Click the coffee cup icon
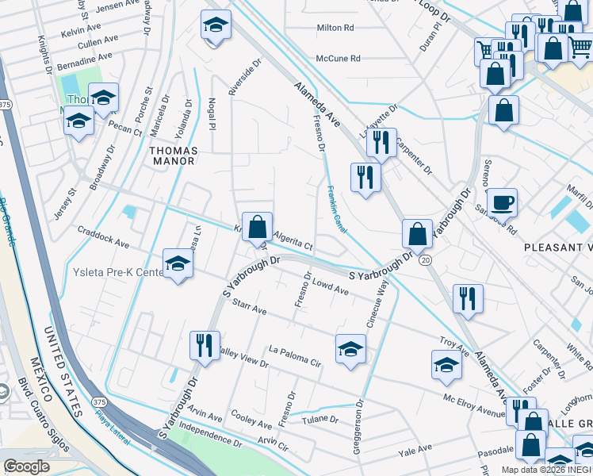[x=502, y=202]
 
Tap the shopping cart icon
[x=485, y=51]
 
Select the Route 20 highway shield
[x=426, y=259]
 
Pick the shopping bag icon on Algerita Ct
[x=257, y=227]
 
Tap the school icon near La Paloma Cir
[x=350, y=348]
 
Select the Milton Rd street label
[x=335, y=28]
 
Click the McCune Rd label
[x=338, y=59]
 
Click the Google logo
[x=27, y=466]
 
